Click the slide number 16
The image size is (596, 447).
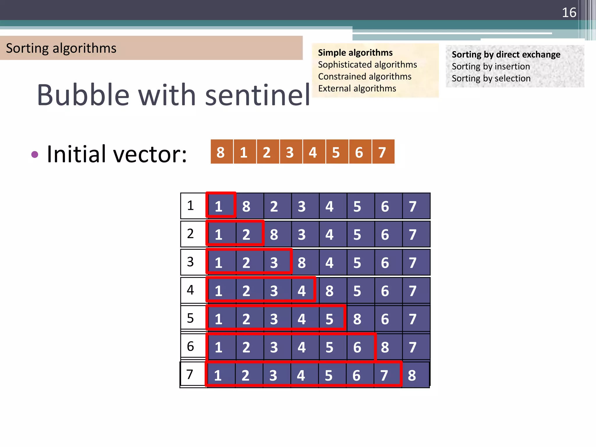[569, 13]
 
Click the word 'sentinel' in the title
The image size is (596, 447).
[258, 95]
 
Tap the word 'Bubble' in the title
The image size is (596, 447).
[83, 95]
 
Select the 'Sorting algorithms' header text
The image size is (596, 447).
[61, 48]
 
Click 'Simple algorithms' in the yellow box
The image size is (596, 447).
[355, 53]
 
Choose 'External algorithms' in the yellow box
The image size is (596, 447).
[357, 88]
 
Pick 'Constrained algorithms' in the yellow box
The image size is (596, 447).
[365, 76]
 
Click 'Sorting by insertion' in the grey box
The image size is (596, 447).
[491, 66]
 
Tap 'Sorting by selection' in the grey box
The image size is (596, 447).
[491, 78]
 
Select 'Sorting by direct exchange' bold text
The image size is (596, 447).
[506, 54]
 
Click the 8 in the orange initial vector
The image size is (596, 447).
[221, 152]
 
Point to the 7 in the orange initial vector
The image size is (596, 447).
[382, 152]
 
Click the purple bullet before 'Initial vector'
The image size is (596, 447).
[35, 154]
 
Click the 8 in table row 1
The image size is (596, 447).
[246, 207]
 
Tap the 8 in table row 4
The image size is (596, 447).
[329, 291]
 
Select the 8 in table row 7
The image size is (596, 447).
[412, 375]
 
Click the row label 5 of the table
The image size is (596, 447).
[190, 318]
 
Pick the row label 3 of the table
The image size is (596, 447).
[190, 262]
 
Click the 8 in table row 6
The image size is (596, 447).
[385, 347]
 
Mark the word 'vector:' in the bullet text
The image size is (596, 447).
[150, 154]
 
